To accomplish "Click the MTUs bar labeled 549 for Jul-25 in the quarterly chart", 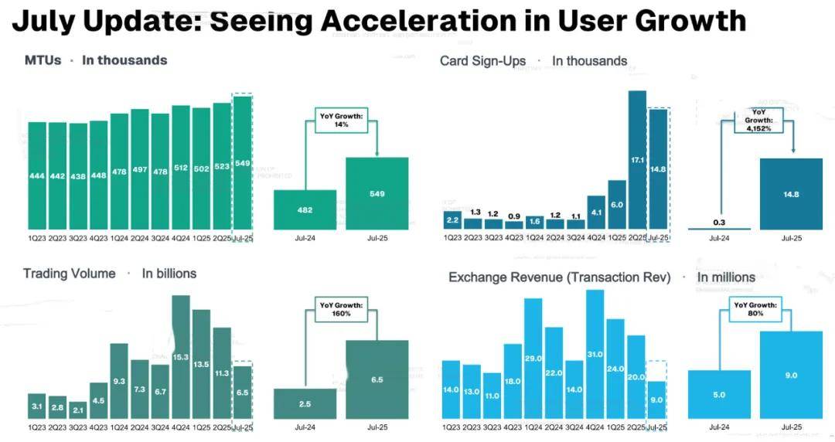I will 243,164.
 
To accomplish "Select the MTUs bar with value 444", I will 37,176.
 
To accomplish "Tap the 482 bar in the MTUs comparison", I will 305,209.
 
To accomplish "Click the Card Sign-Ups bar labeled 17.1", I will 637,160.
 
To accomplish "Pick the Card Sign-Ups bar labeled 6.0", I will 616,205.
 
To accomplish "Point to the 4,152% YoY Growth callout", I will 759,120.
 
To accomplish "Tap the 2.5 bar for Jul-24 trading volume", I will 305,404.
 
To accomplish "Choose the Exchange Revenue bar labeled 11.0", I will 492,396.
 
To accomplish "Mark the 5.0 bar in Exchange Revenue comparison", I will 719,394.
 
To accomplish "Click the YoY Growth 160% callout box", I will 336,310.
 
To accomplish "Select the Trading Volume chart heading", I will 69,274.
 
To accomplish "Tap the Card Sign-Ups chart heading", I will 482,61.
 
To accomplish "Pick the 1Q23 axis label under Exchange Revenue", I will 451,427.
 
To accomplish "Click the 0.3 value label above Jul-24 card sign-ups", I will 719,222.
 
